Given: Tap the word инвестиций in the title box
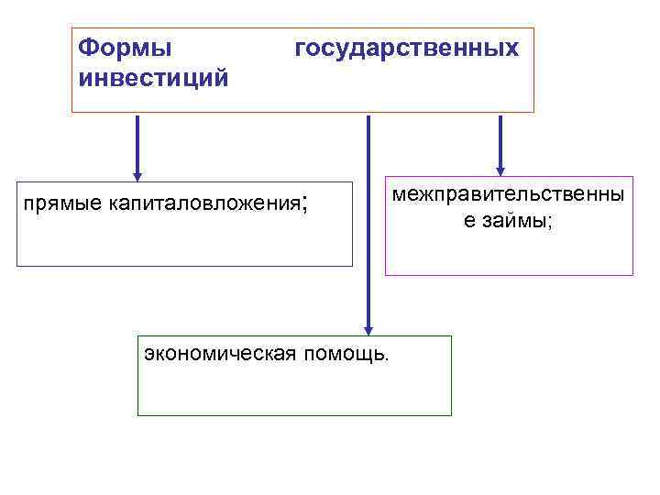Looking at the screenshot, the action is tap(153, 76).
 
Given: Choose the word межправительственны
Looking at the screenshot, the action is tap(509, 195).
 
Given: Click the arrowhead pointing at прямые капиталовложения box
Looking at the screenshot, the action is tap(137, 175).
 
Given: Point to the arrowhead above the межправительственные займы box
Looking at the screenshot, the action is tap(500, 170).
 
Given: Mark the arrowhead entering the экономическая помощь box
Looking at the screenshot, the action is tap(368, 330).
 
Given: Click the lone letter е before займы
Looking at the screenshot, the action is tap(467, 221).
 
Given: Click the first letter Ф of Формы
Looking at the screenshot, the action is tap(87, 47).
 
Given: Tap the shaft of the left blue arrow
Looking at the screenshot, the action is tap(137, 142).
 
